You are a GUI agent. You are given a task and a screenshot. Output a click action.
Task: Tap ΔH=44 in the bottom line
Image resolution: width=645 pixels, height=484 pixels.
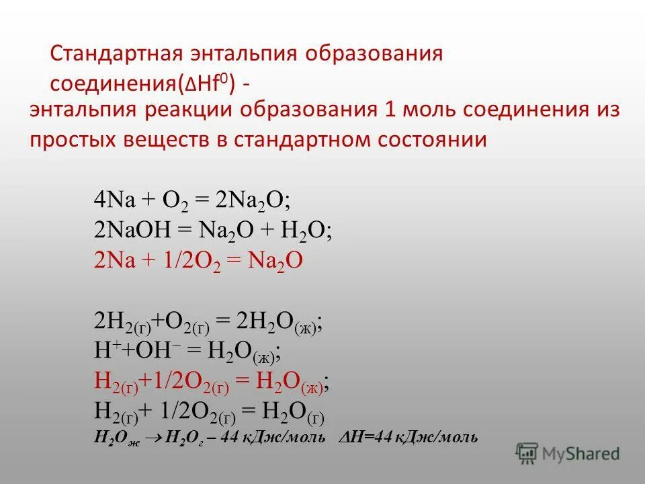pos(363,438)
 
